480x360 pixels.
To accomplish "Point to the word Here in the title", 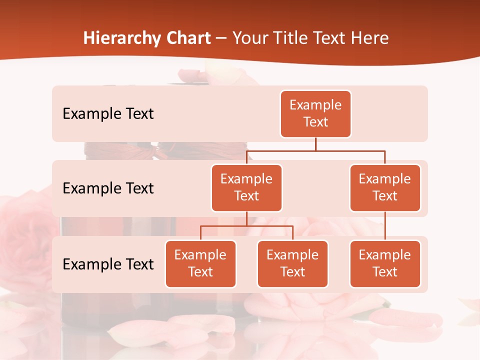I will [x=370, y=38].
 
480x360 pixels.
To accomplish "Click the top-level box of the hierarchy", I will [x=315, y=114].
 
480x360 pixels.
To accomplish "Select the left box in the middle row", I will [x=246, y=188].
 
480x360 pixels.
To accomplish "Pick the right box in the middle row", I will [x=385, y=188].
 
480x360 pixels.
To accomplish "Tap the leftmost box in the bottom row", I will [x=200, y=264].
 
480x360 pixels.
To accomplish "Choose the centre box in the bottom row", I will [x=292, y=264].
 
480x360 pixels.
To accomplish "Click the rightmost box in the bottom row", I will [x=385, y=264].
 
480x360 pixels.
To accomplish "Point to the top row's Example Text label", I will [x=108, y=114].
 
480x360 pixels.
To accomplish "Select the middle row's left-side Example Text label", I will [x=108, y=188].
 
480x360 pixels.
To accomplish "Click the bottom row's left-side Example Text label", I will [x=108, y=264].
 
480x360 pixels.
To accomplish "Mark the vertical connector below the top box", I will [x=315, y=144].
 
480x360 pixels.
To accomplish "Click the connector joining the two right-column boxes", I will [x=385, y=226].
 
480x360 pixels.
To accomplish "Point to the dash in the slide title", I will [x=221, y=38].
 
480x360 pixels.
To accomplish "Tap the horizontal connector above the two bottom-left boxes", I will [x=246, y=226].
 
